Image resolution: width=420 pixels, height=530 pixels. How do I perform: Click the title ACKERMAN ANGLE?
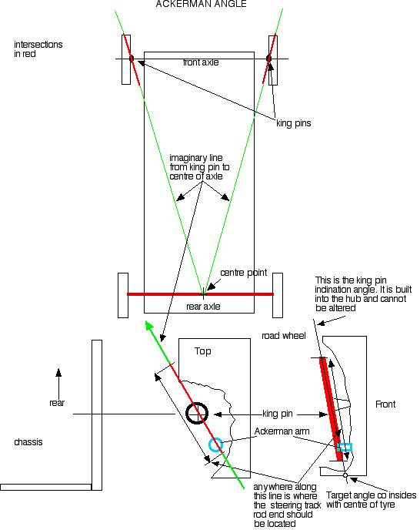tap(201, 4)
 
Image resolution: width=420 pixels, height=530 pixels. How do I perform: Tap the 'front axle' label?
tap(201, 62)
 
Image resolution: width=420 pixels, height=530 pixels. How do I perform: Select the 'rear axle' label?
tap(203, 307)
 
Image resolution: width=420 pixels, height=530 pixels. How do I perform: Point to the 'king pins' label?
tap(293, 123)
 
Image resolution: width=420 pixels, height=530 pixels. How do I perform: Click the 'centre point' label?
tap(243, 273)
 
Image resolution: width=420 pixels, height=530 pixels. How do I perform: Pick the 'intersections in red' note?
tap(38, 49)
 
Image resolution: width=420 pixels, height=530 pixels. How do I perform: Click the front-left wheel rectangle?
tap(126, 59)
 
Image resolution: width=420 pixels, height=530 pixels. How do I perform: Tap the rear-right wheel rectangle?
tap(278, 295)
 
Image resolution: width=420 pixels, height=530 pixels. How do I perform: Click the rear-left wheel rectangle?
tap(123, 295)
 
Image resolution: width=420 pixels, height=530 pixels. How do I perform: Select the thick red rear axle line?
tap(200, 294)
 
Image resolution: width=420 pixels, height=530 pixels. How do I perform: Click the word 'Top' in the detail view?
tap(203, 351)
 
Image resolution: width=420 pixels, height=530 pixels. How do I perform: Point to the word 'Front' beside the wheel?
tap(385, 404)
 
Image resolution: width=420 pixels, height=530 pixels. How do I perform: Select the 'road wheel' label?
tap(284, 336)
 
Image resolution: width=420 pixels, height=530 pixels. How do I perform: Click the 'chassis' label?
tap(28, 442)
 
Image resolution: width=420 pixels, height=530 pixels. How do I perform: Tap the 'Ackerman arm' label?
tap(282, 431)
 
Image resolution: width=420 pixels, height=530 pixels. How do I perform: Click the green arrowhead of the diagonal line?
tap(149, 325)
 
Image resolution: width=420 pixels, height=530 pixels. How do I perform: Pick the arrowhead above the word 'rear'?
tap(58, 372)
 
